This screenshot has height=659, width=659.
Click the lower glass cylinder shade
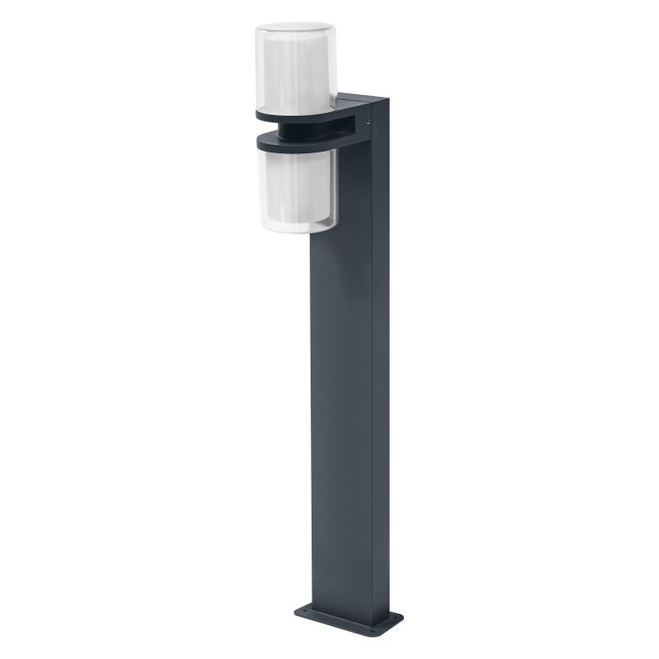(295, 188)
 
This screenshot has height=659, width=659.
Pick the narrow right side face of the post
(380, 377)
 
